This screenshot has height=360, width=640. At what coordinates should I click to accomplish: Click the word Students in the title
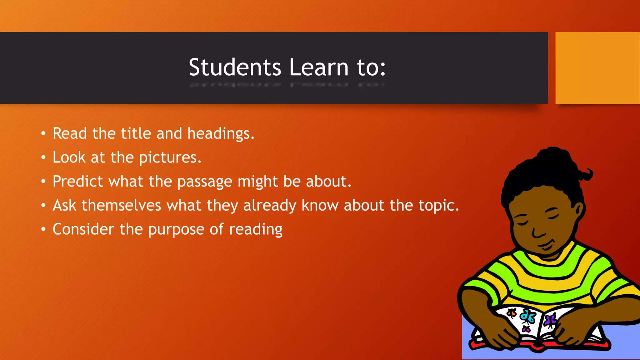coord(235,67)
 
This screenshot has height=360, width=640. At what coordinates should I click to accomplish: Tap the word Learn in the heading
coord(319,67)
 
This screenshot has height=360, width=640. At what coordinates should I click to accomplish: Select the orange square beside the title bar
coord(597,68)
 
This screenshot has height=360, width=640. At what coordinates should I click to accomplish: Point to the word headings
coord(221,134)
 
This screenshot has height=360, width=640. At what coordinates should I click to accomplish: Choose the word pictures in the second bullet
coord(170,157)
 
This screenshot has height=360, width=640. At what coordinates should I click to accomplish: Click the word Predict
coord(78,181)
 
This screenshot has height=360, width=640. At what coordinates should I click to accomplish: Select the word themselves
coord(121,205)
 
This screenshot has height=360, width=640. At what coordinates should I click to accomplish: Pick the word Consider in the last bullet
coord(83,229)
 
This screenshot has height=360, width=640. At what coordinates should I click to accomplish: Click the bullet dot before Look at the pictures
coord(43,157)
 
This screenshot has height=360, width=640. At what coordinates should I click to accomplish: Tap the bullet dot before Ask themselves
coord(43,205)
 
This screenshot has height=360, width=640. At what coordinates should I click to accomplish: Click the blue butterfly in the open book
coord(528,317)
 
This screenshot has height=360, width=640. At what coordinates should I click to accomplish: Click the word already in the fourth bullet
coord(269,206)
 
